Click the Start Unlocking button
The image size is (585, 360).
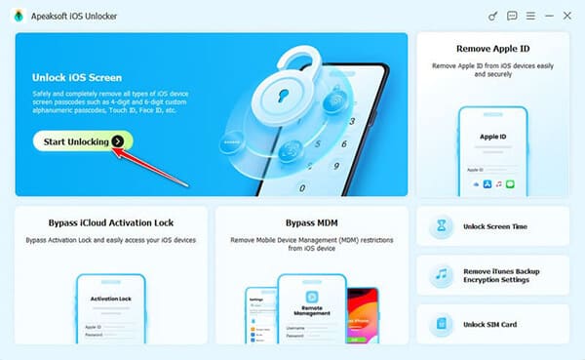tap(82, 141)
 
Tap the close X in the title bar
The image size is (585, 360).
tap(565, 16)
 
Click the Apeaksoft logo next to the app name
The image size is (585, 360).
tap(19, 17)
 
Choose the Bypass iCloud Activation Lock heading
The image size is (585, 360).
tap(111, 223)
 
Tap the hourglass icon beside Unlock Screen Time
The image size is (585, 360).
tap(441, 226)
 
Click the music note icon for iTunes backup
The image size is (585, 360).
tap(441, 275)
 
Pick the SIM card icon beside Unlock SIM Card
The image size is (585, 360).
tap(441, 323)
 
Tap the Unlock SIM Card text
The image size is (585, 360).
tap(489, 323)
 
